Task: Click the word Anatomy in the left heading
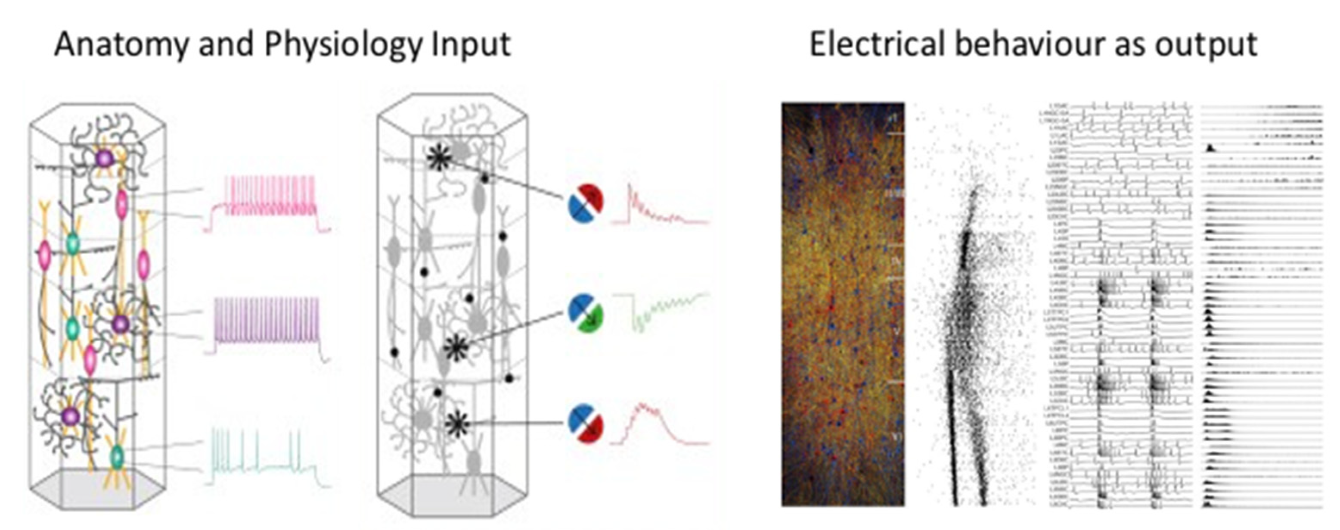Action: (120, 45)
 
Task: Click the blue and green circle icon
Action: (586, 312)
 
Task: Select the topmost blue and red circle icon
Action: (586, 204)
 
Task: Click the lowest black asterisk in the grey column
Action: (457, 424)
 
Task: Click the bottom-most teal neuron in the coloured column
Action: (117, 457)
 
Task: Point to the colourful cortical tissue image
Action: (843, 305)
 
